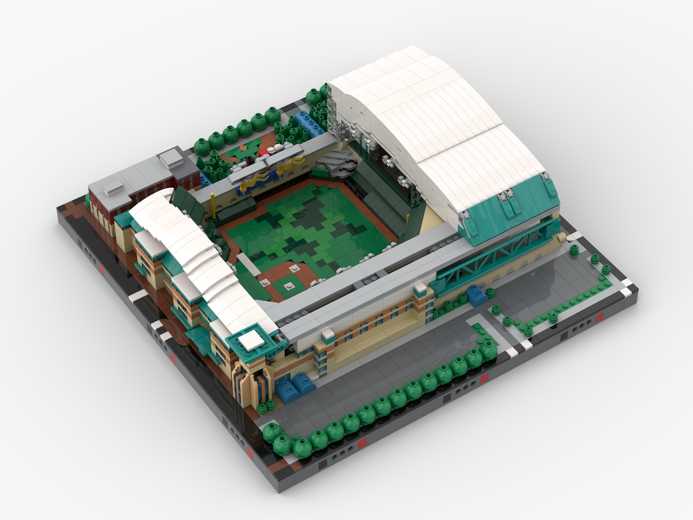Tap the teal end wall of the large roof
pyautogui.click(x=513, y=208)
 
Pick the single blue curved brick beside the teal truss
pyautogui.click(x=477, y=295)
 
